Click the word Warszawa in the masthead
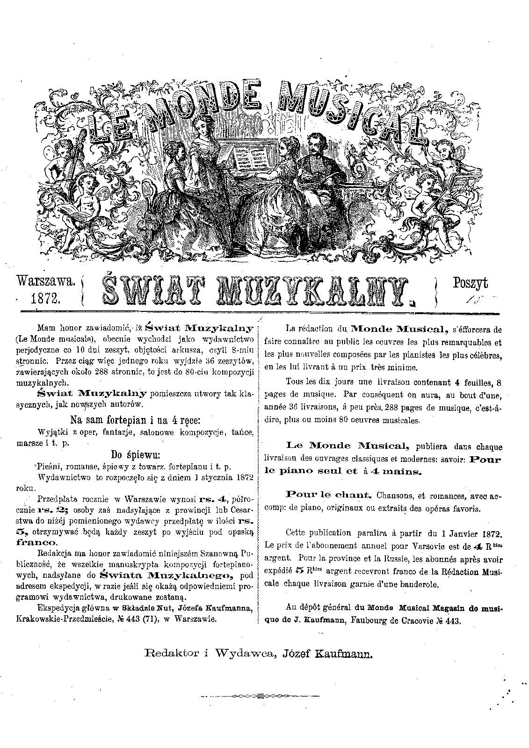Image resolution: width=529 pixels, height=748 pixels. point(45,281)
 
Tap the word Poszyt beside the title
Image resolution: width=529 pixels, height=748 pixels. point(470,282)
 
